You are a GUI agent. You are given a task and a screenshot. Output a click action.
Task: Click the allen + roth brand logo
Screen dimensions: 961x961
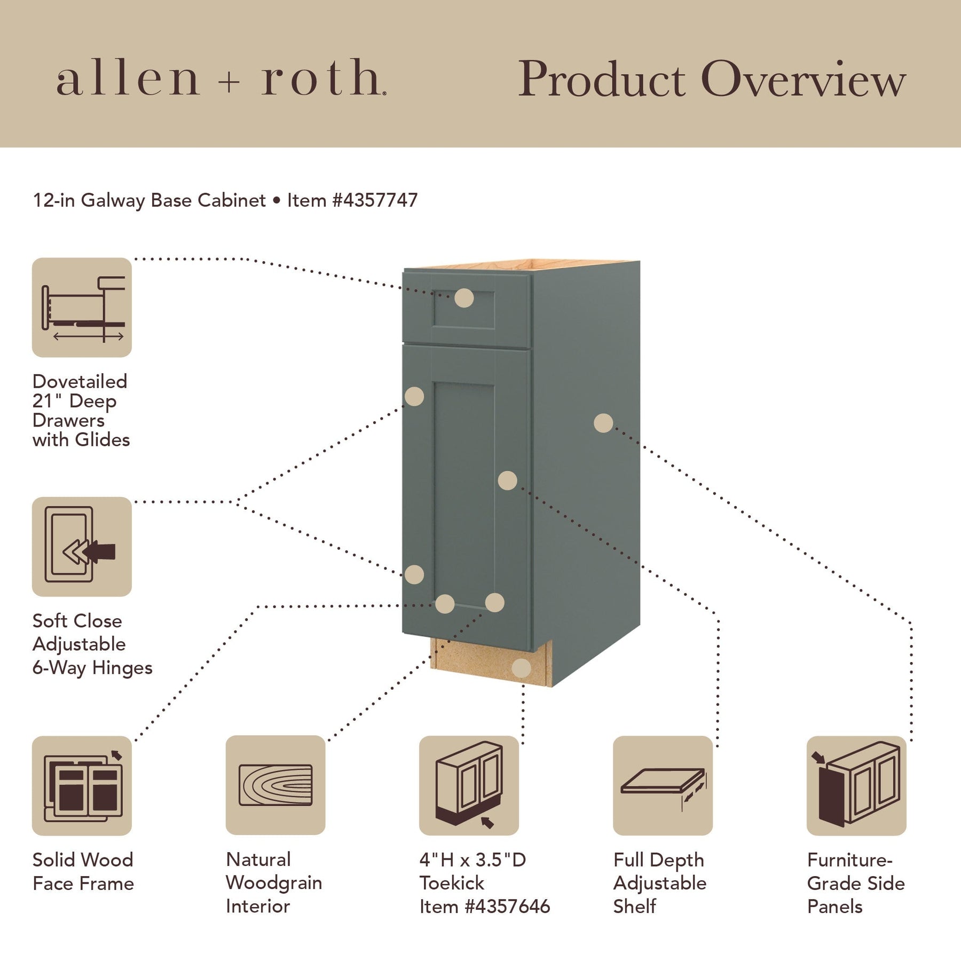(x=221, y=78)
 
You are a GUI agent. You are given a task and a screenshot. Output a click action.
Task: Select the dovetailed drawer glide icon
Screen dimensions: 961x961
(x=82, y=308)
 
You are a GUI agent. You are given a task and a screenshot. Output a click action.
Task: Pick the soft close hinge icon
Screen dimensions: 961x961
(x=82, y=547)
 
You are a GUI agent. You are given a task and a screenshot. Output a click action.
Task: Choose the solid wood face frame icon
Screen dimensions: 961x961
(x=82, y=786)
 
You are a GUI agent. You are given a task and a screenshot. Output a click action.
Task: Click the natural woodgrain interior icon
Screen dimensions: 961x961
(x=275, y=785)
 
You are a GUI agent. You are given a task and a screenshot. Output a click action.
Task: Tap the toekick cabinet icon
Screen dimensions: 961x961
(x=469, y=786)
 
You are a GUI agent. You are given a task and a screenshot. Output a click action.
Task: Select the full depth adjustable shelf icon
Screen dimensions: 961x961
(x=663, y=786)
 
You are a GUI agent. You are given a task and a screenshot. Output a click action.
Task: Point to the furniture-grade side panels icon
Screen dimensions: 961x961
(x=856, y=786)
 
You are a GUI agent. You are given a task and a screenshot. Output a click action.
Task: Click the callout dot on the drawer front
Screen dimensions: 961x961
(x=464, y=298)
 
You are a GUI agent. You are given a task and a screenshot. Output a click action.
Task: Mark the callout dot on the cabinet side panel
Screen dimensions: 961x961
(x=603, y=423)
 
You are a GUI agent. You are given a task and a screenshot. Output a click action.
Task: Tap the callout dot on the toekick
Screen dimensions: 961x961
(x=521, y=668)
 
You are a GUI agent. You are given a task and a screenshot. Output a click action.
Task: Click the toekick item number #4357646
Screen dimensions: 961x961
(x=507, y=907)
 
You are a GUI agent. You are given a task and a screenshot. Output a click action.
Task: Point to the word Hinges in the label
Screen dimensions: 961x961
(x=122, y=668)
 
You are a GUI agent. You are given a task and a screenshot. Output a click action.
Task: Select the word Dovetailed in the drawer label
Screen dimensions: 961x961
(x=80, y=381)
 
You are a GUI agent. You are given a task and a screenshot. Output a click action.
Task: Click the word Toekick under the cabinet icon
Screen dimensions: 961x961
(x=452, y=883)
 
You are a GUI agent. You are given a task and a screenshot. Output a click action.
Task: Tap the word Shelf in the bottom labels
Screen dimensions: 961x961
(x=635, y=907)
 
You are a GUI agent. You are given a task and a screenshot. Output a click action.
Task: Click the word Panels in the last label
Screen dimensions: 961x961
(x=834, y=907)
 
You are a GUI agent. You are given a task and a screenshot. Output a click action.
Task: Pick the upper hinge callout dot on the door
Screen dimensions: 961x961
(x=414, y=397)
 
